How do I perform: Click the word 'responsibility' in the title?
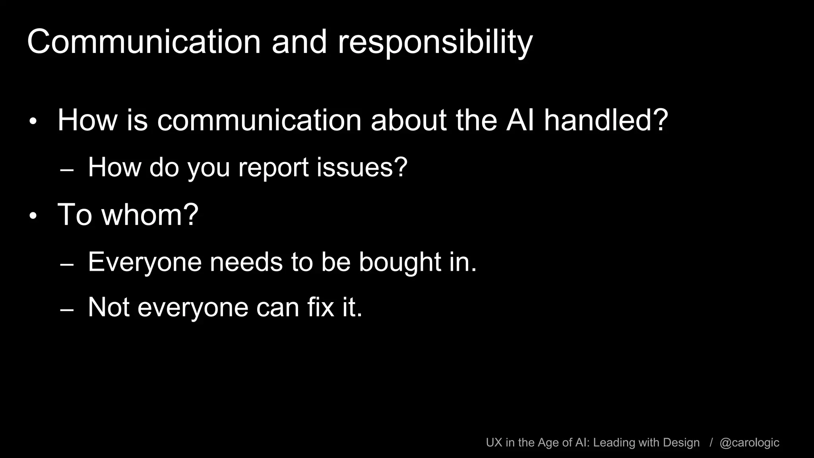(435, 43)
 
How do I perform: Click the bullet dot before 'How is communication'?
(33, 121)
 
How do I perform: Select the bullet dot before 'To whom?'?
(33, 216)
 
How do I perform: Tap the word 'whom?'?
(150, 215)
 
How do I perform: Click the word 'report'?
(273, 167)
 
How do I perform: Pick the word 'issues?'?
(362, 167)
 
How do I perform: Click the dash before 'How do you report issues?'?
(67, 170)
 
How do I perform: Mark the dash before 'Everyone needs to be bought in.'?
(67, 265)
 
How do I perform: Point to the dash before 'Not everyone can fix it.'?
(67, 310)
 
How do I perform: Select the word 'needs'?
(245, 262)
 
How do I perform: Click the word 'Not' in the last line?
(109, 307)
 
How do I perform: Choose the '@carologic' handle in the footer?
(749, 442)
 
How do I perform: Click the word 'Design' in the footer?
(681, 442)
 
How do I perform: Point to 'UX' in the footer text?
(494, 442)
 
